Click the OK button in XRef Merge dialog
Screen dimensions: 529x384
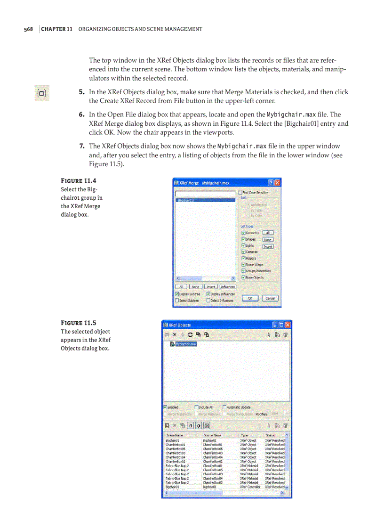(250, 298)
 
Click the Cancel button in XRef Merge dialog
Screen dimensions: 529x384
(270, 298)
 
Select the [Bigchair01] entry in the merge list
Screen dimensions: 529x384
(205, 200)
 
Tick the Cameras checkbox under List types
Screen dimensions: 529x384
(243, 252)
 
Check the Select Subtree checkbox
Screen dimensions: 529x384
(177, 300)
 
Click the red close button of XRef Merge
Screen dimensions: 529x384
(278, 183)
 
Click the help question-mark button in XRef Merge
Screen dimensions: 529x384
(271, 183)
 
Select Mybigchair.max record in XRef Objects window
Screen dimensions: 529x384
(186, 344)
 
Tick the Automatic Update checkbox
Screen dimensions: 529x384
(224, 407)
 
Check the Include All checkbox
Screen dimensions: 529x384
(196, 407)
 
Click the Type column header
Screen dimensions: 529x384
(245, 435)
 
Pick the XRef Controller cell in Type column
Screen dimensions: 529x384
(250, 487)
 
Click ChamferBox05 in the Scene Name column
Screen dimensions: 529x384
(175, 448)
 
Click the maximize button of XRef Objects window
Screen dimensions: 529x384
(281, 325)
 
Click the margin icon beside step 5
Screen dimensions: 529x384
(42, 93)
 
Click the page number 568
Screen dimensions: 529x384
(28, 29)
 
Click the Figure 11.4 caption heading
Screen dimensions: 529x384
(79, 181)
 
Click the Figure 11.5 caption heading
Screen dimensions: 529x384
(79, 323)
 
